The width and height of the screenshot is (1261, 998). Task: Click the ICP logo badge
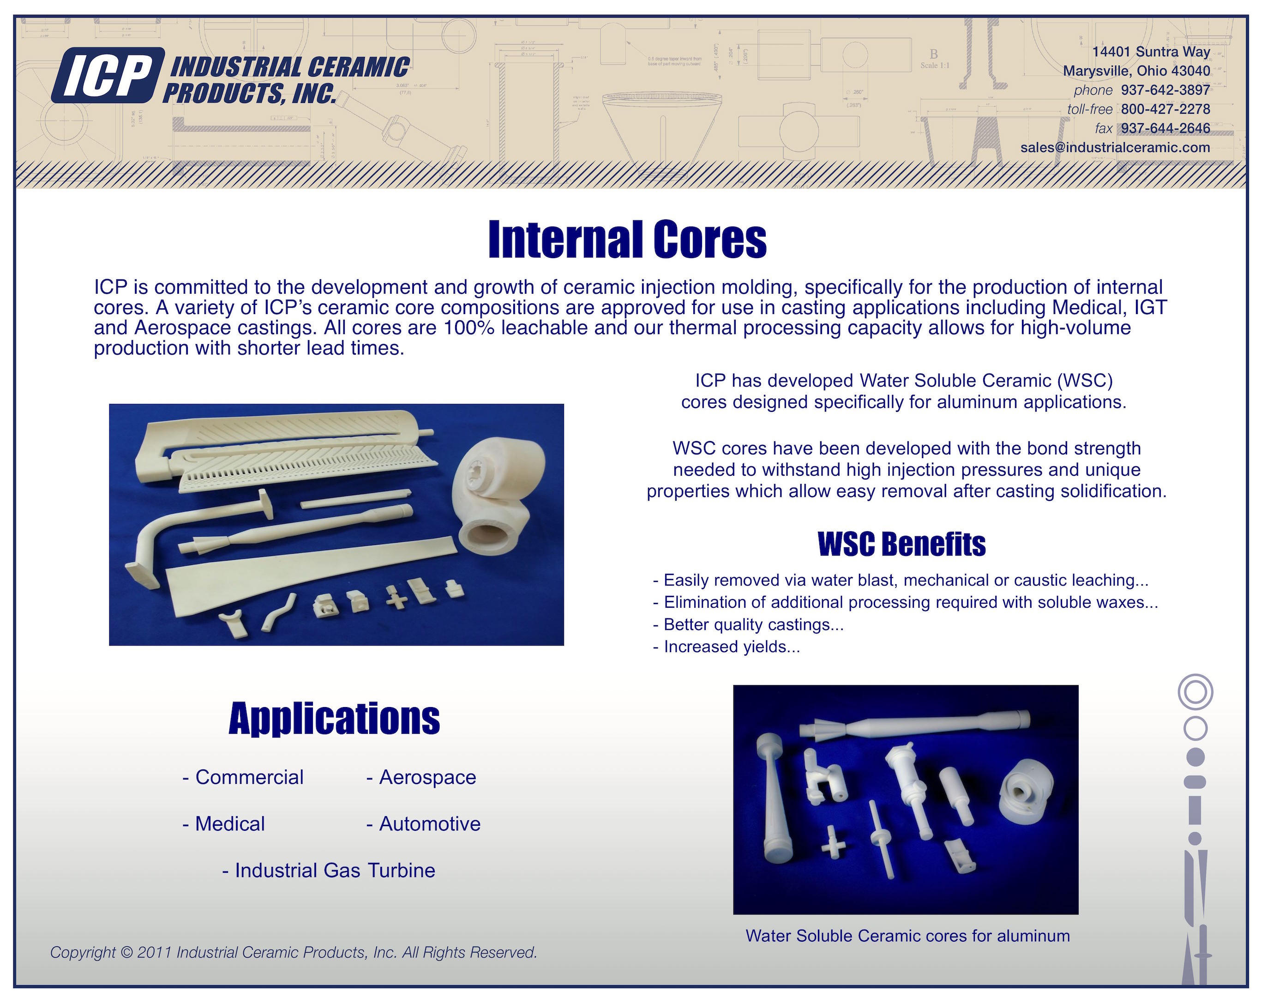tap(107, 76)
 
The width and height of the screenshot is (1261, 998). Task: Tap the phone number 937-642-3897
tap(1165, 90)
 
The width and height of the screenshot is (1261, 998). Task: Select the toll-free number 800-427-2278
tap(1165, 109)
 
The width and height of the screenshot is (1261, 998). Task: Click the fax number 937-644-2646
tap(1165, 128)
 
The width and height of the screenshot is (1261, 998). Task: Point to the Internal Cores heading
tap(627, 240)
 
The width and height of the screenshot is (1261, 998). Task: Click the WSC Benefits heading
tap(901, 544)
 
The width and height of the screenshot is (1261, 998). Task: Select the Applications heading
tap(334, 719)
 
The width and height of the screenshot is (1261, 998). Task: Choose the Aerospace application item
tap(422, 777)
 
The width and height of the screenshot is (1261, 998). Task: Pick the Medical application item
tap(224, 824)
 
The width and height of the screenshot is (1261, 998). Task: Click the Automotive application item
tap(423, 824)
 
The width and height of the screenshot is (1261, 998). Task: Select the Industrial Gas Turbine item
tap(329, 871)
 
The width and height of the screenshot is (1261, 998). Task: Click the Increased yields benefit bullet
tap(727, 647)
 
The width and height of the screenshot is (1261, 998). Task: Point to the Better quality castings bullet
tap(748, 625)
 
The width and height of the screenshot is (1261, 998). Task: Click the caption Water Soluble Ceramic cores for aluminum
tap(907, 936)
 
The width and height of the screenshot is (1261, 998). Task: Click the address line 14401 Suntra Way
tap(1151, 52)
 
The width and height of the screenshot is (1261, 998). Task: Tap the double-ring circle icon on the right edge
tap(1195, 692)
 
